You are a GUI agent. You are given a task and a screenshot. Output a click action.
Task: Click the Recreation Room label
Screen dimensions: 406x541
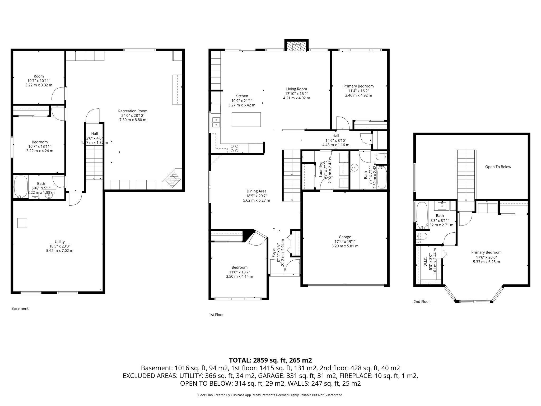(133, 111)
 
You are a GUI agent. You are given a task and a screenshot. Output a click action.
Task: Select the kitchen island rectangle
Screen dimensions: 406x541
(246, 119)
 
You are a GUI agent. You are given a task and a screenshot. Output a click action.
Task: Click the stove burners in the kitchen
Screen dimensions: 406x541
(234, 149)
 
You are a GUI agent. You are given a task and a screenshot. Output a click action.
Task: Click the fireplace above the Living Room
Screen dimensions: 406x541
(296, 47)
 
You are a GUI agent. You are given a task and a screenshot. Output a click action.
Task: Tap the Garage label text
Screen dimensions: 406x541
(345, 237)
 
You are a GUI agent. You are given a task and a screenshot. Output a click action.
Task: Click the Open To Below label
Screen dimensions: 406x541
(498, 167)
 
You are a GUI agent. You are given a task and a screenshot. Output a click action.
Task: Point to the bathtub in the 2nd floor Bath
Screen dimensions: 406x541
(422, 215)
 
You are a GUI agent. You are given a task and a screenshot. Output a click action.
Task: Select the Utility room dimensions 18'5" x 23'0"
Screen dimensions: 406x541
(60, 246)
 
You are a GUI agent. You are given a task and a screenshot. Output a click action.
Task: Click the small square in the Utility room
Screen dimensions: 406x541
(22, 223)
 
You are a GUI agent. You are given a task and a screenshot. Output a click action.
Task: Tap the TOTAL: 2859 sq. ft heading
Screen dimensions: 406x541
(270, 360)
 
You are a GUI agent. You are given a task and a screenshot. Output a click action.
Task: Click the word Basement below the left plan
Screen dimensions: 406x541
(20, 308)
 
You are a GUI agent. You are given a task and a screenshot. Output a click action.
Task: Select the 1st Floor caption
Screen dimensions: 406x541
(216, 315)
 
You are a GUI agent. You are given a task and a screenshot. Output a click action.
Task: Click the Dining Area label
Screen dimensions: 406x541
(256, 191)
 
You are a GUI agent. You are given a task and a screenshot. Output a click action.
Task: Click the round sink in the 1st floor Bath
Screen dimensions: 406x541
(355, 167)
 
